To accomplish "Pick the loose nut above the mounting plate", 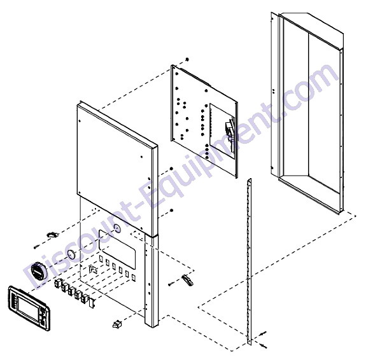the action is coord(187,60).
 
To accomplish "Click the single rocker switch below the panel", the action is coord(117,324).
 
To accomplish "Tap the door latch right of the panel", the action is coord(187,280).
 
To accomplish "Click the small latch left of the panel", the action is coord(53,235).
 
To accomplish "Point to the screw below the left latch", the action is coord(37,246).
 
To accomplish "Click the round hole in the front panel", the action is coord(117,228).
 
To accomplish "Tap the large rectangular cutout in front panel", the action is coord(117,249).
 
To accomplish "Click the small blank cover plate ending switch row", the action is coord(92,302).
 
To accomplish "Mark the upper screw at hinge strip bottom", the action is coord(263,333).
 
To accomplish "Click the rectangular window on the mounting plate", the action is coord(222,131).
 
